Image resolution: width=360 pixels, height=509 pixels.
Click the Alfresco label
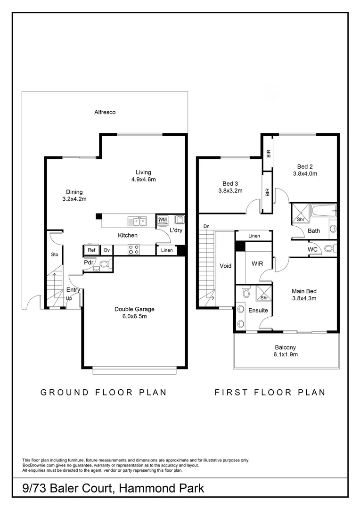[x=105, y=112]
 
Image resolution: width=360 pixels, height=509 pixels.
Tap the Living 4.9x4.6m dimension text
[x=144, y=180]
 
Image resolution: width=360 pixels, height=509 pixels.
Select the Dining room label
[x=74, y=192]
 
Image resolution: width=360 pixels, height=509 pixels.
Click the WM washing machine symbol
[x=163, y=220]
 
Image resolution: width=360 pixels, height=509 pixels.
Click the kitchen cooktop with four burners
[x=133, y=249]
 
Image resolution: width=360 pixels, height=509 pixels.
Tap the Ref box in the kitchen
[x=91, y=250]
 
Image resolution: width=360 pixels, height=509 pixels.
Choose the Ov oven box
[x=106, y=250]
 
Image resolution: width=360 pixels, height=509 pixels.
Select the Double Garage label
[x=134, y=309]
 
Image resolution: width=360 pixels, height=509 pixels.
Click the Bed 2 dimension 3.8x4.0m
[x=305, y=173]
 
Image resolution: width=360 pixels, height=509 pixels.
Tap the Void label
[x=226, y=266]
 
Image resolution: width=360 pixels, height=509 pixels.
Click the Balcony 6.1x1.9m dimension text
[x=286, y=354]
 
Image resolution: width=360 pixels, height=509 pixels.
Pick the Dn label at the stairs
[x=206, y=227]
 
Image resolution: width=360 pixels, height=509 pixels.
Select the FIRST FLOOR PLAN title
[x=270, y=392]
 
